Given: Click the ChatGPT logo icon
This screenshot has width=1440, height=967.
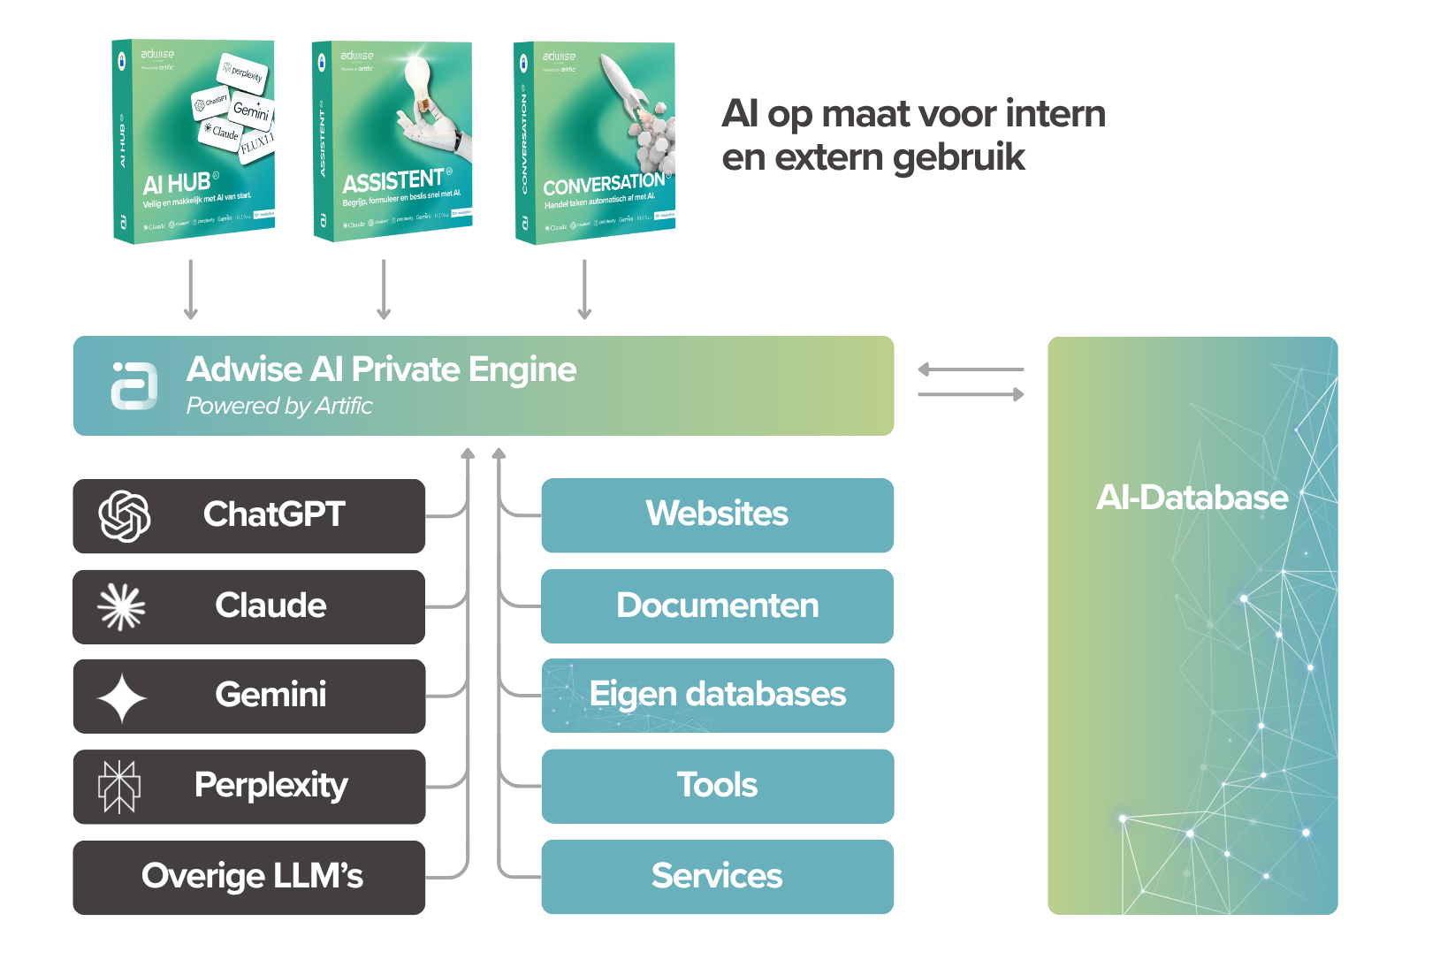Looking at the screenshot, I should (125, 516).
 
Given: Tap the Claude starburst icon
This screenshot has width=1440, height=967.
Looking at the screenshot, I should (121, 607).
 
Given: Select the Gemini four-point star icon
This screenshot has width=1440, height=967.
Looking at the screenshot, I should (121, 697).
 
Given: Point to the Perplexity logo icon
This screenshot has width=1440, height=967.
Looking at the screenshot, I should (119, 787).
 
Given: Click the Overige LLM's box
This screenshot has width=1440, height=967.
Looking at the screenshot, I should (249, 877).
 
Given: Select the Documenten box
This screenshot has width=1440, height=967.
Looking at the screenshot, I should (717, 606).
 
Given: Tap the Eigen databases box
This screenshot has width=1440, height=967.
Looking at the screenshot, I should (717, 696).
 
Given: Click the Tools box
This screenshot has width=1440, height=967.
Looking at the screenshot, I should (717, 786).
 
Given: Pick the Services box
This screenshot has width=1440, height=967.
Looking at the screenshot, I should (717, 876).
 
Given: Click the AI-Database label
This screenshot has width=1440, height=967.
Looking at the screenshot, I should (1192, 498).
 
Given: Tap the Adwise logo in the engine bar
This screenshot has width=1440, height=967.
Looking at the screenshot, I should (134, 385).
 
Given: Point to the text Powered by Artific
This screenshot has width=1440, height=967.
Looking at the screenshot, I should (279, 406).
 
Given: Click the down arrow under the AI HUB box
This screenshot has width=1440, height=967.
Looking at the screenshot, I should (190, 290).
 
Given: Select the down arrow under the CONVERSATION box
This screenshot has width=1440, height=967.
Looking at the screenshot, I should (584, 290).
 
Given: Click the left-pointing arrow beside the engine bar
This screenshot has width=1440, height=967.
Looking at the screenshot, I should (970, 369).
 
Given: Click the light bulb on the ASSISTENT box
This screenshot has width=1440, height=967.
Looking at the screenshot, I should (417, 84).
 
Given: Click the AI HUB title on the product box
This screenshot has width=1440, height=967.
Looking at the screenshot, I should (177, 184).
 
